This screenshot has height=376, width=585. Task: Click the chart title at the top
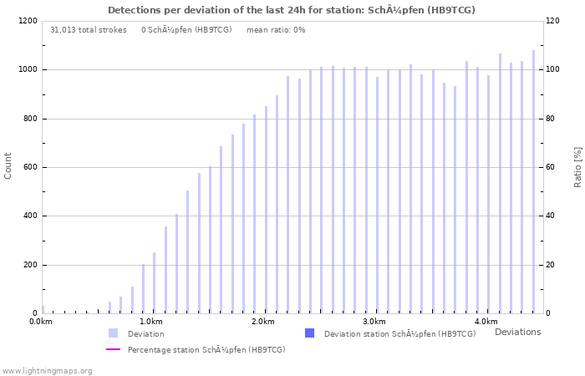tap(292, 10)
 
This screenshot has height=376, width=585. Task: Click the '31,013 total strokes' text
tap(89, 30)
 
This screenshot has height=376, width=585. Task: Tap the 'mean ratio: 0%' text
tap(276, 30)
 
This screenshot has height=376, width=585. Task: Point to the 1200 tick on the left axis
tap(28, 21)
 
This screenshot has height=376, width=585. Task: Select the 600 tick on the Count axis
tap(30, 167)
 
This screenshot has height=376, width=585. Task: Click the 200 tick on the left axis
tap(30, 265)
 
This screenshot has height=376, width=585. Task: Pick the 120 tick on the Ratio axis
tap(553, 21)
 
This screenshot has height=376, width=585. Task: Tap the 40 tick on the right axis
tap(552, 216)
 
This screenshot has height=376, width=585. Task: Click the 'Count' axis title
tap(8, 166)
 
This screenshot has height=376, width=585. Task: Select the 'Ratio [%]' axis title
tap(577, 166)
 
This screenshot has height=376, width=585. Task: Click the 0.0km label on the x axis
tap(40, 322)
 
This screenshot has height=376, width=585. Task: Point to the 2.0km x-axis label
tap(262, 322)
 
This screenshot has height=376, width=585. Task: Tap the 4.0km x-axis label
tap(486, 322)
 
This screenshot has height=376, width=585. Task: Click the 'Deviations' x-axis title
tap(517, 332)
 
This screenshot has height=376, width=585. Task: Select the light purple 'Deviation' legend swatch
tap(113, 333)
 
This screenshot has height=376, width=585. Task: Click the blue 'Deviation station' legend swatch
tap(309, 333)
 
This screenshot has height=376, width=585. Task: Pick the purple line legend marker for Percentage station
tap(113, 349)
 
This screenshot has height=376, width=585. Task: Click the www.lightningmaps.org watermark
tap(47, 370)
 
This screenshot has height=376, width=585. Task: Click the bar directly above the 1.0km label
tap(154, 282)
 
